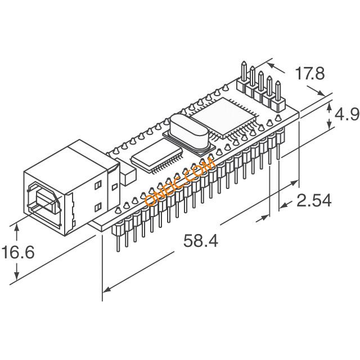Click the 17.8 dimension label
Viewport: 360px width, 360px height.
coord(310,73)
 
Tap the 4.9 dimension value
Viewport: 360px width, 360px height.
coord(347,114)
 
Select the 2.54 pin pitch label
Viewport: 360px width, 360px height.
coord(314,200)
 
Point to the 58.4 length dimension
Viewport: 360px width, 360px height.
coord(201,241)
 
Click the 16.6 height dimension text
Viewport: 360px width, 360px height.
coord(18,252)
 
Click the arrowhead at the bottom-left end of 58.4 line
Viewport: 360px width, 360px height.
coord(107,290)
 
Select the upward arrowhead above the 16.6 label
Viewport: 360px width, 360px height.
coord(16,229)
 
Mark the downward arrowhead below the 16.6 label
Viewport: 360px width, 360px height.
coord(16,274)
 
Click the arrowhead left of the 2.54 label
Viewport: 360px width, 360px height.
coord(283,206)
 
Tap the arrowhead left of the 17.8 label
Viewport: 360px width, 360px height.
coord(272,66)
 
